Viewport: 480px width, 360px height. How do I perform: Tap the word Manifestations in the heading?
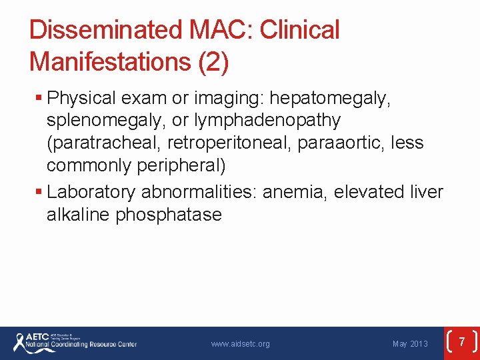click(110, 61)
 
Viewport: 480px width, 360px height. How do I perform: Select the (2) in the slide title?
click(213, 61)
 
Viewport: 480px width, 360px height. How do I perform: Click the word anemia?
click(295, 193)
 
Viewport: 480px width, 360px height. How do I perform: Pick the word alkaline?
click(78, 215)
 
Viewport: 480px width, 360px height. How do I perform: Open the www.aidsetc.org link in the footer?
click(240, 344)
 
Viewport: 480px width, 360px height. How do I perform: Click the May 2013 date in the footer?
click(410, 344)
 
